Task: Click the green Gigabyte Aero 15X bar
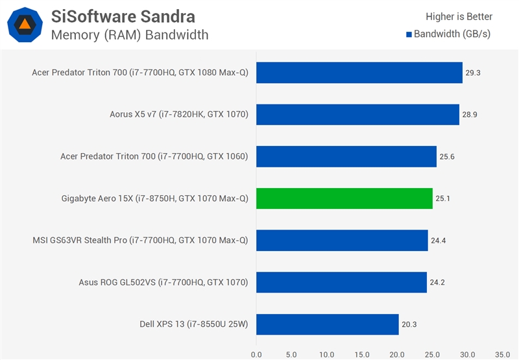(344, 198)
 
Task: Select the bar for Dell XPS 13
(327, 324)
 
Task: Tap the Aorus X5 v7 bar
(357, 115)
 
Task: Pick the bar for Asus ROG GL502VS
(341, 282)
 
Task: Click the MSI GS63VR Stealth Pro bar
(342, 241)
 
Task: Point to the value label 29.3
(473, 73)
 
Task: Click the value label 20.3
(409, 324)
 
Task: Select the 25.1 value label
(443, 198)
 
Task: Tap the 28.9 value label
(470, 115)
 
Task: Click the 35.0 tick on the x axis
(502, 355)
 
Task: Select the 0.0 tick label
(256, 355)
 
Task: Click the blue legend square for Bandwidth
(409, 34)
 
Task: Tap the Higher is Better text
(459, 17)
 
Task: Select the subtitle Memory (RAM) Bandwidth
(130, 34)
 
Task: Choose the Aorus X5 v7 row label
(179, 115)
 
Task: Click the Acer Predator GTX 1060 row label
(154, 156)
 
